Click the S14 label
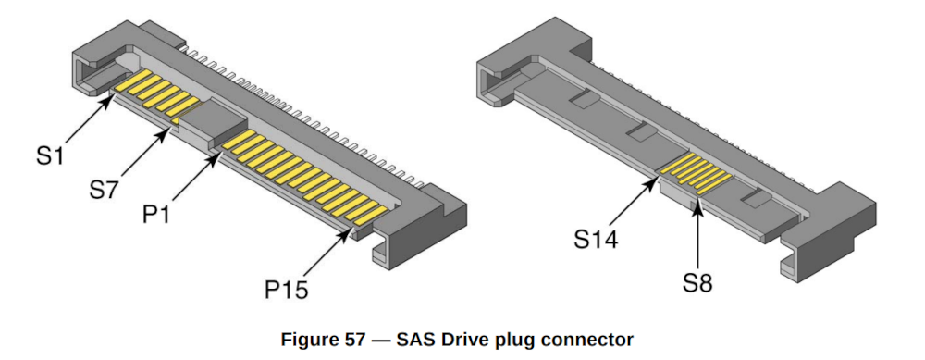594,240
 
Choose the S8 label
700,283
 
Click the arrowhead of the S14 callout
659,177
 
